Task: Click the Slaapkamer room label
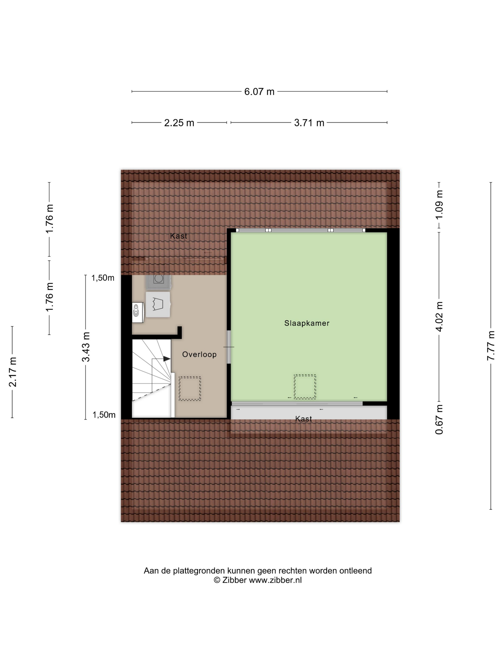click(x=307, y=323)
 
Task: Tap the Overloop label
click(x=199, y=354)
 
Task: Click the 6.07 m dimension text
click(x=259, y=92)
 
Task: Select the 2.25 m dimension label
click(x=179, y=123)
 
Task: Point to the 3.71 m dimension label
click(x=309, y=123)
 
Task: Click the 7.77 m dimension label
click(x=491, y=346)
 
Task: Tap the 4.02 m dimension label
click(x=439, y=316)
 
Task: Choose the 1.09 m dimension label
click(x=439, y=205)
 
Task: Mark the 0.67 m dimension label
click(x=439, y=419)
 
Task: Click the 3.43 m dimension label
click(x=86, y=347)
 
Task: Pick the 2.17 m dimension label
click(x=12, y=372)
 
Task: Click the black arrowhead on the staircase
click(x=167, y=359)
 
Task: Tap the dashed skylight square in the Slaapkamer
click(x=305, y=387)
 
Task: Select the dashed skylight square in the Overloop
click(x=190, y=389)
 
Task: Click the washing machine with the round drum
click(x=159, y=282)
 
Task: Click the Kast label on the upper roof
click(x=179, y=236)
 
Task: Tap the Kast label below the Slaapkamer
click(x=303, y=419)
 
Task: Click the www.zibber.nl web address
click(x=275, y=580)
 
